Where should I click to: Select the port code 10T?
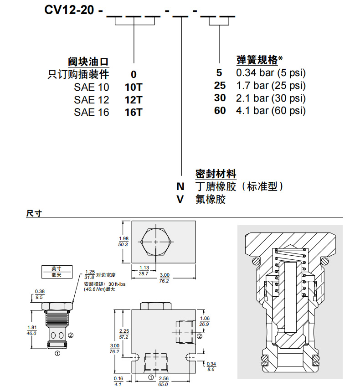click(134, 87)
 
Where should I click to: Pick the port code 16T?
click(134, 112)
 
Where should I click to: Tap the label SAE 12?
click(91, 99)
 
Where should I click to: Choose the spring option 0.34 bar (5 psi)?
click(271, 73)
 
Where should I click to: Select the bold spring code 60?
click(220, 110)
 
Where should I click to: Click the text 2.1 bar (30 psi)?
click(271, 98)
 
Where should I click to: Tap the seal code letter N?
click(180, 186)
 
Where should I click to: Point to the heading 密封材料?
click(216, 174)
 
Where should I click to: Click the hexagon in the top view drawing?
click(156, 242)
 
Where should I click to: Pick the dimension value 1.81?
click(32, 327)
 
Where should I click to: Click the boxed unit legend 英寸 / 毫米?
click(56, 272)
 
